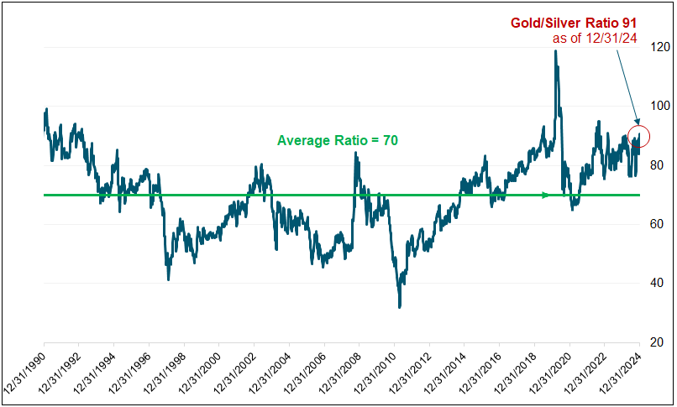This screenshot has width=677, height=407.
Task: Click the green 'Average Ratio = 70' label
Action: [337, 140]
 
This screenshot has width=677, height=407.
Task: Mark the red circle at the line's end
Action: [639, 136]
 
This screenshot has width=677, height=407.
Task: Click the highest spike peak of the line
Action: [555, 51]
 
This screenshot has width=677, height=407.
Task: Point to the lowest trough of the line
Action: [400, 306]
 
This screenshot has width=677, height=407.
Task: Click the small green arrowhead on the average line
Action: [546, 195]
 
